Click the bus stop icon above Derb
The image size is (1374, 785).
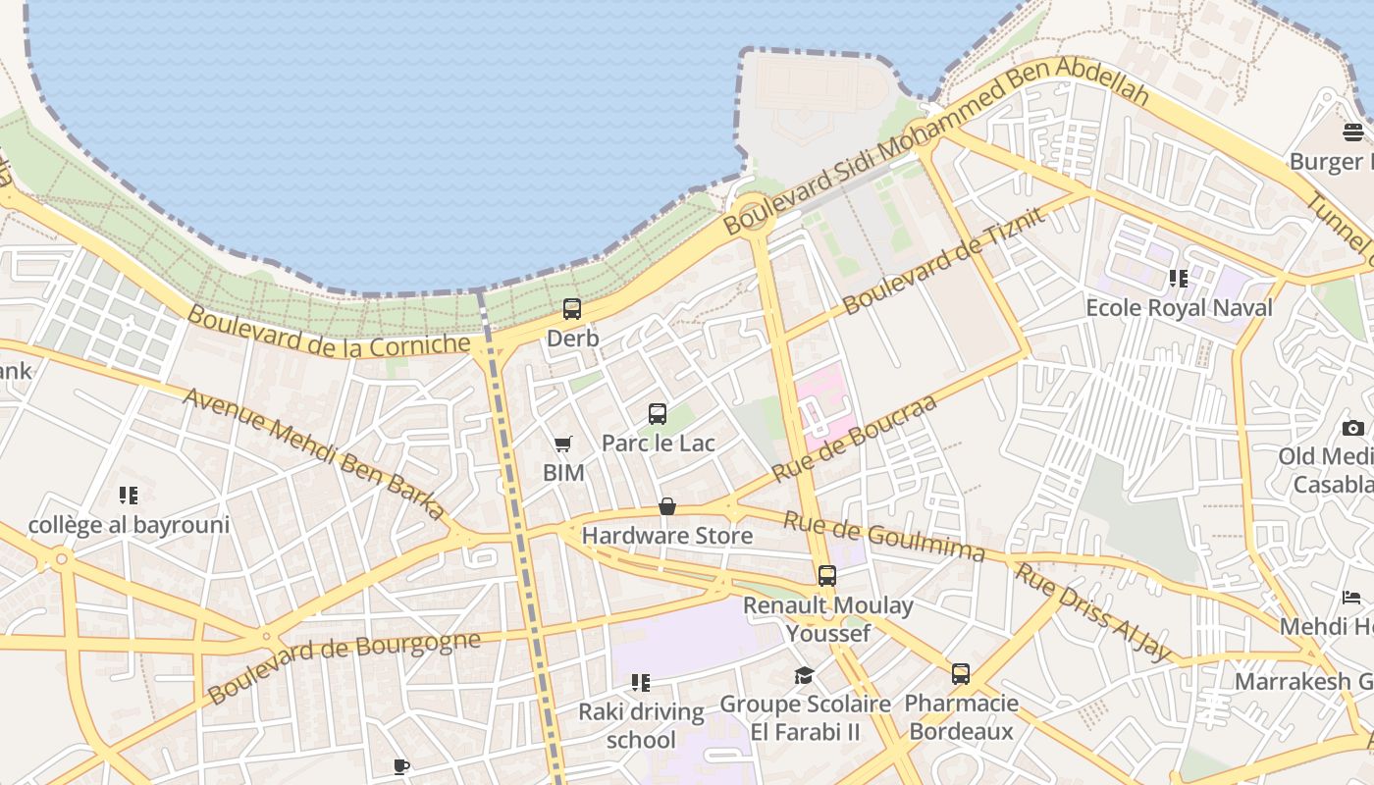click(x=571, y=309)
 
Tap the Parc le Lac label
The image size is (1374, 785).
click(x=658, y=444)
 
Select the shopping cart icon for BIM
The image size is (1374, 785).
click(x=562, y=445)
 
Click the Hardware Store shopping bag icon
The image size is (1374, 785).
click(x=667, y=506)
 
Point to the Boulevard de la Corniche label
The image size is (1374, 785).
click(x=329, y=331)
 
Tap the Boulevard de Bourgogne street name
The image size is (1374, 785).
click(x=344, y=666)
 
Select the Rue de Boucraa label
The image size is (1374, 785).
click(x=854, y=438)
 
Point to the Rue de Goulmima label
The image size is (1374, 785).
click(x=883, y=537)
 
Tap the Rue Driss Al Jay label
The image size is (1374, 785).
click(x=1092, y=612)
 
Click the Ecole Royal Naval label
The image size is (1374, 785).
click(x=1179, y=308)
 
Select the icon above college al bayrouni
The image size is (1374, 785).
click(x=129, y=495)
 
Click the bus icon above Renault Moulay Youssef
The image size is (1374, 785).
click(x=827, y=576)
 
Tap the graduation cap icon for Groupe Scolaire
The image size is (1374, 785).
click(x=804, y=675)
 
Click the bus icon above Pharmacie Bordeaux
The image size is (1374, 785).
click(x=961, y=674)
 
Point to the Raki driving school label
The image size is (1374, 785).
click(x=641, y=725)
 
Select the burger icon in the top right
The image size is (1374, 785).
click(x=1353, y=131)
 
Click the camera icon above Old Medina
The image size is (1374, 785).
click(x=1352, y=428)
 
